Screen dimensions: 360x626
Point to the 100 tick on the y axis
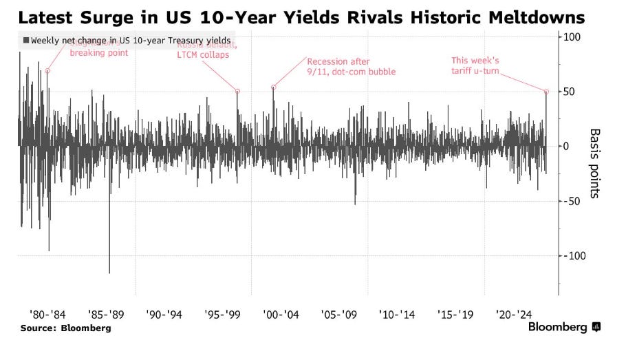coord(572,36)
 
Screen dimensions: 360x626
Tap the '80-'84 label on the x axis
coord(47,315)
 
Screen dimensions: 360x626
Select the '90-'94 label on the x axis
coord(164,315)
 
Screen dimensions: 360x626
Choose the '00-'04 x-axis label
coord(280,315)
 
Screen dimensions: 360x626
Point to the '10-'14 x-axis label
coord(397,315)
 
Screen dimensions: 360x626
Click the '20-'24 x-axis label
coord(513,315)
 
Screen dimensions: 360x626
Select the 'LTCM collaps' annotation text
coord(203,55)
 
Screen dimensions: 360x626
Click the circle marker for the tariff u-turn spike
coord(547,92)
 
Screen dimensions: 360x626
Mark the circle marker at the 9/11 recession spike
coord(274,87)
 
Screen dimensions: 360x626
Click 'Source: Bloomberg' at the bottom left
coord(65,328)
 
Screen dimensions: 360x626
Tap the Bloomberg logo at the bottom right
coord(564,327)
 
